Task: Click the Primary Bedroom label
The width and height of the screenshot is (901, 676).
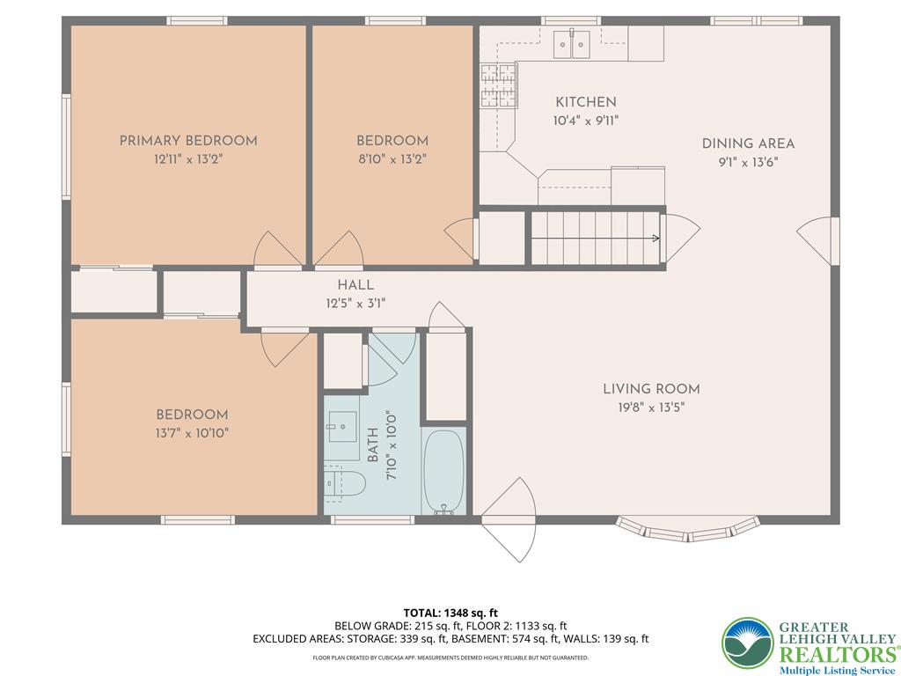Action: coord(188,140)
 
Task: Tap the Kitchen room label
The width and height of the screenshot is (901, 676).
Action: coord(585,102)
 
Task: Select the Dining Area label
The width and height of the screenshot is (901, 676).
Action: coord(748,143)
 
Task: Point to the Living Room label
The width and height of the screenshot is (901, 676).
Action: coord(652,388)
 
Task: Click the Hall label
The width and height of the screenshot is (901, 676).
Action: coord(355,284)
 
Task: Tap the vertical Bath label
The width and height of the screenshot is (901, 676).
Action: coord(373,445)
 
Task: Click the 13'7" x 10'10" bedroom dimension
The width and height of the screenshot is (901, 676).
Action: coord(192,433)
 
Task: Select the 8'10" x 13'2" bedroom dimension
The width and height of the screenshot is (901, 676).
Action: coord(392,159)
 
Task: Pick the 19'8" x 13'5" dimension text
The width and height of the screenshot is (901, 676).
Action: coord(652,408)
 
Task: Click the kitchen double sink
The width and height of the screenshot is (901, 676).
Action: coord(572,45)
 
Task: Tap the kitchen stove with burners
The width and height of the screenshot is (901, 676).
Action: coord(499,85)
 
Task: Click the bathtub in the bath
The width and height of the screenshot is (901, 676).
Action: coord(443,472)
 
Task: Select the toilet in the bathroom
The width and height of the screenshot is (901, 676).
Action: coord(344,483)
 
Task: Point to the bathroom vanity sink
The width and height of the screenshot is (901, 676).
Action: coord(342,427)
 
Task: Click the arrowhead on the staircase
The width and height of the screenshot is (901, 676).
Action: coord(656,238)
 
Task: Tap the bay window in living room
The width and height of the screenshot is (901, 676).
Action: coord(688,529)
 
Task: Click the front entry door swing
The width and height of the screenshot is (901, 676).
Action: coord(509,519)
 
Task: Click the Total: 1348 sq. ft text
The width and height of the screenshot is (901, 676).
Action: coord(446,613)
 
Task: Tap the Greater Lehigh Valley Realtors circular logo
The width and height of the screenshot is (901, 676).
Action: coord(748,643)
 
